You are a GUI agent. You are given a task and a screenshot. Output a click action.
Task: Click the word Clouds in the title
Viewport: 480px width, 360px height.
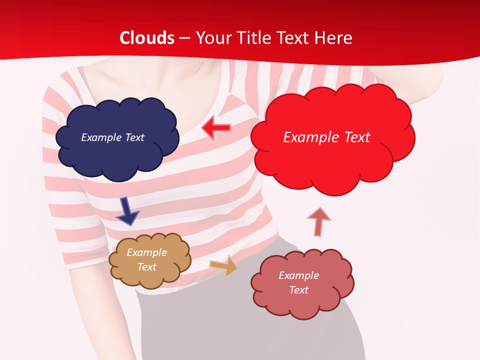coord(147,38)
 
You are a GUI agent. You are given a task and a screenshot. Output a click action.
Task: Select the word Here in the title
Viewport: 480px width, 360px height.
coord(334,38)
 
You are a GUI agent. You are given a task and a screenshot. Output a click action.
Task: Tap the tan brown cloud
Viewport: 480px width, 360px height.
coord(150,277)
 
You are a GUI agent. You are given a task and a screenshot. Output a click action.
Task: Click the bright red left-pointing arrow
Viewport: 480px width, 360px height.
coord(216,128)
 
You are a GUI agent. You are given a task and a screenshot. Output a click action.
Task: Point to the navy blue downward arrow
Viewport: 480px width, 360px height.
coord(127,210)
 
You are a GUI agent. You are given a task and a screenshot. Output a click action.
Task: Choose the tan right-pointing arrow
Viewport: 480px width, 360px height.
coord(223,265)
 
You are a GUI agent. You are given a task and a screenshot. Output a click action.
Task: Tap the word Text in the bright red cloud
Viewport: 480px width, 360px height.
coord(353,137)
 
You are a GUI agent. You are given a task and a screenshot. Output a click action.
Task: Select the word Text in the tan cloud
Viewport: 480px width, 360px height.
coord(147,267)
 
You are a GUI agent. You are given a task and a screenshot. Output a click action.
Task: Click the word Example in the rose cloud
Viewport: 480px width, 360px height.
coord(298,275)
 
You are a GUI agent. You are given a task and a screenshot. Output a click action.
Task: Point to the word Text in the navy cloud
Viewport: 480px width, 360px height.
coord(134,137)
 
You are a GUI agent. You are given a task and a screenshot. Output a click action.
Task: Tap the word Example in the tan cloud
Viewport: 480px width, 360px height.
coord(147,252)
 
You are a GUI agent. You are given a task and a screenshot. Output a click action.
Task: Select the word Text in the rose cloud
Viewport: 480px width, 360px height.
coord(298,290)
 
